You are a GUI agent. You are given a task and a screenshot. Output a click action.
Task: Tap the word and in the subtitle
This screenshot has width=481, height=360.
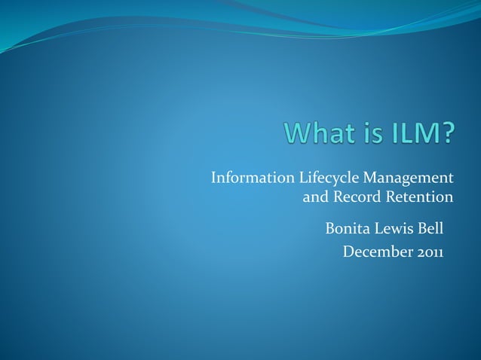click(x=315, y=198)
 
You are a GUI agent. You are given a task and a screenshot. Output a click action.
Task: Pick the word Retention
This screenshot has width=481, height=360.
click(x=419, y=198)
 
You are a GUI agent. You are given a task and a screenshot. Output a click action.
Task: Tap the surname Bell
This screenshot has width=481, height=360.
click(x=430, y=228)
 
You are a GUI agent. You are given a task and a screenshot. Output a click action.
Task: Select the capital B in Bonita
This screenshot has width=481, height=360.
click(x=329, y=228)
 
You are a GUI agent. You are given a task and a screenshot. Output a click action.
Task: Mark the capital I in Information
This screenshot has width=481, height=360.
click(x=214, y=178)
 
